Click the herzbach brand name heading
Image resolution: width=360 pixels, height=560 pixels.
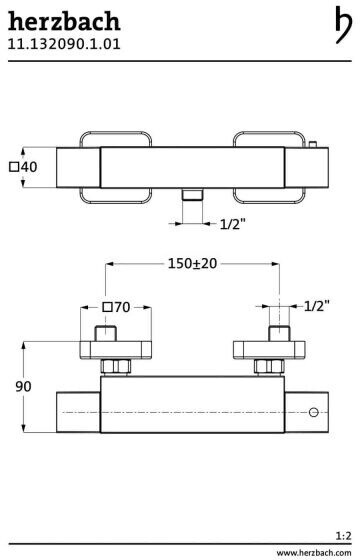click(64, 21)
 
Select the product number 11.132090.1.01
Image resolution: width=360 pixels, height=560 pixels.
click(64, 44)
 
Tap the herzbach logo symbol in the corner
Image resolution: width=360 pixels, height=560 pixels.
click(343, 25)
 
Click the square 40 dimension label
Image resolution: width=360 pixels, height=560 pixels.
click(23, 167)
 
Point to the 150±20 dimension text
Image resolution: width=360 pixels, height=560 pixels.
click(192, 264)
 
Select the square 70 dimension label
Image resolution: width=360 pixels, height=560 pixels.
click(116, 307)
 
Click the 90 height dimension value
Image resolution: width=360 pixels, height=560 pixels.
click(24, 386)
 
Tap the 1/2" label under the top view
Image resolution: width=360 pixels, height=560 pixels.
click(233, 224)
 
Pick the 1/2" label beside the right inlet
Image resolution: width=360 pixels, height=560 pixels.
click(317, 306)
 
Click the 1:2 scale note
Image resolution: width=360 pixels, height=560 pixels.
click(344, 536)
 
